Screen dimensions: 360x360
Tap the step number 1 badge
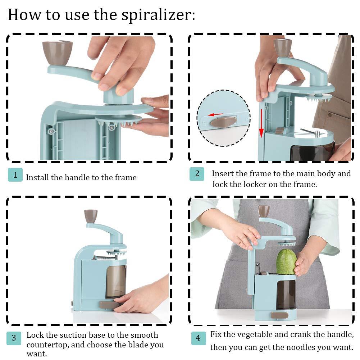pos(15,175)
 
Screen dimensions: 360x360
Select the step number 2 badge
pos(197,174)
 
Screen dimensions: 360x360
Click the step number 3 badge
pos(14,338)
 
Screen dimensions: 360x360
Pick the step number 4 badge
pos(198,338)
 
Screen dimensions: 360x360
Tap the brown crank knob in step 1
pos(58,52)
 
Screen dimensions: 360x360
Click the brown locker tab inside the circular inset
pos(223,122)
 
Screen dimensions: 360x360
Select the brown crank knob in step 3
pos(91,216)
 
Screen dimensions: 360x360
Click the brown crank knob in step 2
pos(282,47)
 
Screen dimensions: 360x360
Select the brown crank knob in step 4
pos(264,211)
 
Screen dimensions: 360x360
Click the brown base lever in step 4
pos(279,315)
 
